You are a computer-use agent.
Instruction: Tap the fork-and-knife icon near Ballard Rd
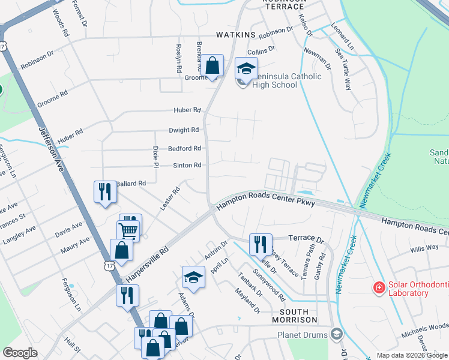click(104, 192)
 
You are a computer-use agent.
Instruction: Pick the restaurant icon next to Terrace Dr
click(261, 244)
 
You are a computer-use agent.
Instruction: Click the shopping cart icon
click(128, 230)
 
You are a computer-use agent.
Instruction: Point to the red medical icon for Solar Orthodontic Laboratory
click(379, 289)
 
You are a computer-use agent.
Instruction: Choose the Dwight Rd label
click(184, 130)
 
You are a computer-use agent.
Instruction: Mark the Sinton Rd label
click(187, 165)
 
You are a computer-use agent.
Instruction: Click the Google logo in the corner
click(20, 353)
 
